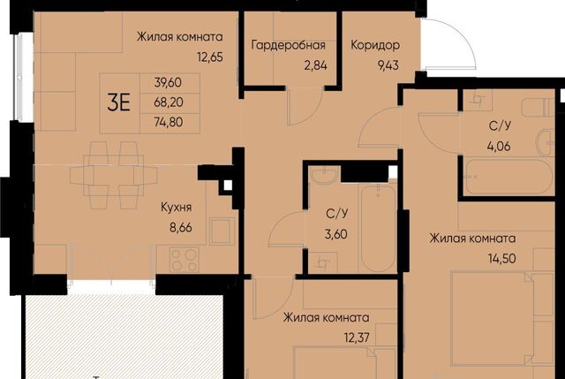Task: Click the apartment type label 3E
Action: (118, 102)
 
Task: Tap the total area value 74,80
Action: (169, 122)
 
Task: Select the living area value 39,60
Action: (168, 82)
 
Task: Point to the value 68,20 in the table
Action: (169, 102)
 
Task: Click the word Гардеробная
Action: (288, 45)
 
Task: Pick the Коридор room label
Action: (375, 45)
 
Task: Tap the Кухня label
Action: (177, 208)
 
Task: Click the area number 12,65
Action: (210, 57)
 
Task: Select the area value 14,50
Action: (502, 258)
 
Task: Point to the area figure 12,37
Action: (357, 337)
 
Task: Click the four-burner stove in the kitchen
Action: (185, 259)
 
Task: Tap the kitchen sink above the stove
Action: (220, 231)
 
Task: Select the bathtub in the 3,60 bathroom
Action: (379, 228)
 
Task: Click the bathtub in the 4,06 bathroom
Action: (508, 178)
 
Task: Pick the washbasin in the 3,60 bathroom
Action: (324, 175)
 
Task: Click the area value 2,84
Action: (315, 65)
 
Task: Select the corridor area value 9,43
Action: (388, 65)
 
